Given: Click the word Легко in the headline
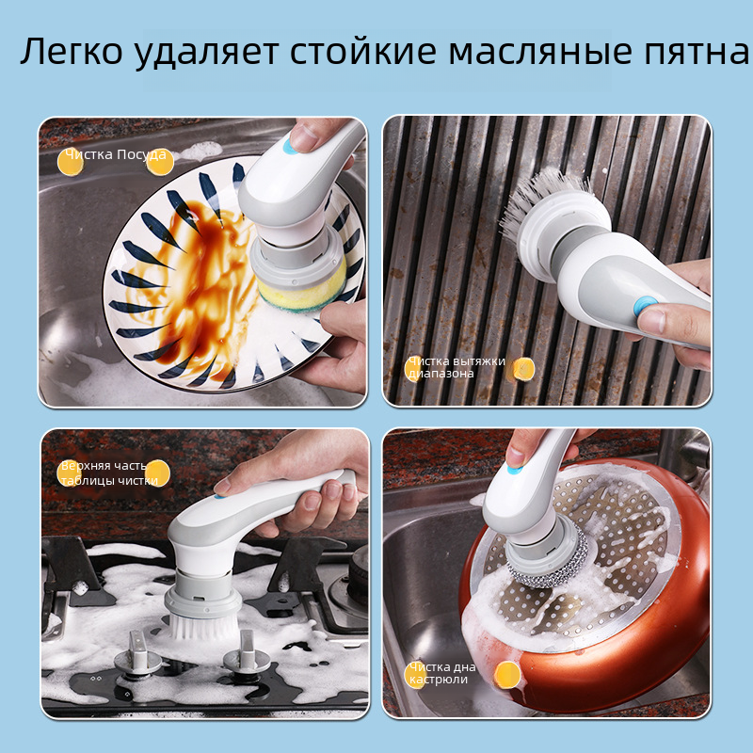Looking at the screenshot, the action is pyautogui.click(x=72, y=51).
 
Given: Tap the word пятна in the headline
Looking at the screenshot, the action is pyautogui.click(x=696, y=51).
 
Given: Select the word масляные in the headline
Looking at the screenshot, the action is pyautogui.click(x=540, y=51).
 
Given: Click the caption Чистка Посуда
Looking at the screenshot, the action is pyautogui.click(x=116, y=154).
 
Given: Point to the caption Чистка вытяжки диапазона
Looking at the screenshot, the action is pyautogui.click(x=457, y=367).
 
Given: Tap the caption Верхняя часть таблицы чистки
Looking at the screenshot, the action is pyautogui.click(x=109, y=473).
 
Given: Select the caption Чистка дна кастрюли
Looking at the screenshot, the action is pyautogui.click(x=442, y=673).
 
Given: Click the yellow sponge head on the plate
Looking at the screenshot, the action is pyautogui.click(x=302, y=288).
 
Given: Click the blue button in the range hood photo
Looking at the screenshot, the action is pyautogui.click(x=645, y=305).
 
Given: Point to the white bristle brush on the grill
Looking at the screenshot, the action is pyautogui.click(x=543, y=200).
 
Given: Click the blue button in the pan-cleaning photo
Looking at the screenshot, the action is pyautogui.click(x=514, y=469).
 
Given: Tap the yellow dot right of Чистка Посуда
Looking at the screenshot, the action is pyautogui.click(x=160, y=162).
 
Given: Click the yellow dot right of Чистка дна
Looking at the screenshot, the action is pyautogui.click(x=507, y=675).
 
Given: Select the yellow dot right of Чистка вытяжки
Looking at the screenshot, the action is pyautogui.click(x=523, y=369).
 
